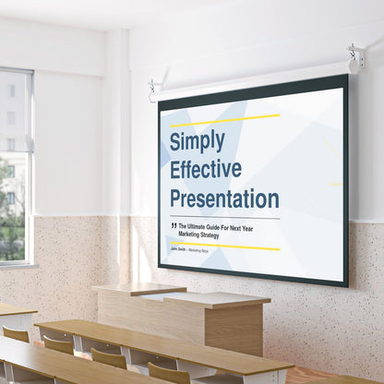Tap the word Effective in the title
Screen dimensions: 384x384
click(205, 169)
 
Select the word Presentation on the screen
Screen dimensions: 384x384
click(223, 198)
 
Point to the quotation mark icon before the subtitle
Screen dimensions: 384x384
click(174, 225)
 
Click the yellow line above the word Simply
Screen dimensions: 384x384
click(224, 121)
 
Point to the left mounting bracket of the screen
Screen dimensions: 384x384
click(152, 90)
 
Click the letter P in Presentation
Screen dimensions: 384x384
click(176, 198)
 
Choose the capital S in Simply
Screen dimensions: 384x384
click(177, 141)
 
